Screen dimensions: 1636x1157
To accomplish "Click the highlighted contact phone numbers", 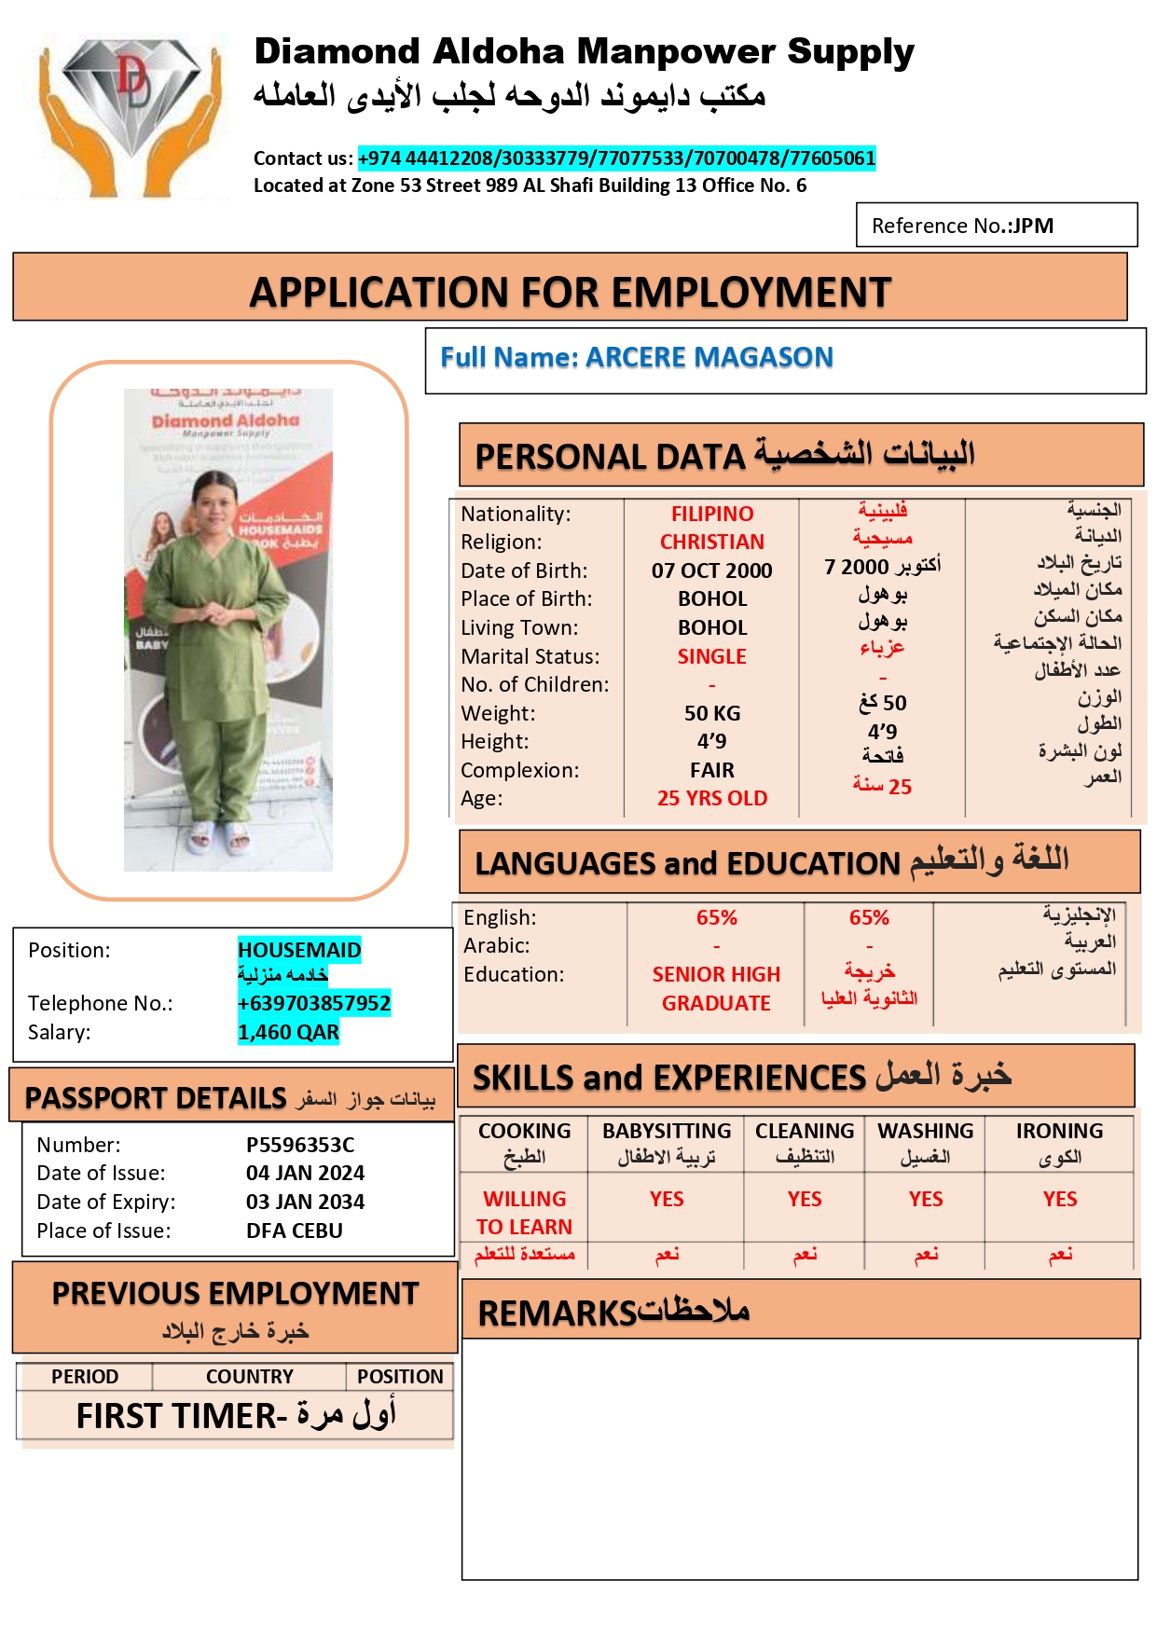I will (616, 158).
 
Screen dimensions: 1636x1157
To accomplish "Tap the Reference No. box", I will (996, 226).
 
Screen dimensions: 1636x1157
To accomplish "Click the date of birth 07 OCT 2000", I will (711, 571).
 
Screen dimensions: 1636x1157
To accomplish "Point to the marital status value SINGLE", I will (711, 656).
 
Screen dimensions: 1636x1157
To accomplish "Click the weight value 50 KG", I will (711, 713).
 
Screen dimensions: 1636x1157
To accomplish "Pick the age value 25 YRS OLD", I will (711, 798).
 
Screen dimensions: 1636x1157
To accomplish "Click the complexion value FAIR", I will (711, 770).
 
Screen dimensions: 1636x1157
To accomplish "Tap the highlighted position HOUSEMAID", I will (299, 950).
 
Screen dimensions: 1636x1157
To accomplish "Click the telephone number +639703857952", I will (313, 1003).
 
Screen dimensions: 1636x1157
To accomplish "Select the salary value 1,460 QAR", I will (288, 1032).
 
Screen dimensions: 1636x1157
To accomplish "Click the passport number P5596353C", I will (300, 1145).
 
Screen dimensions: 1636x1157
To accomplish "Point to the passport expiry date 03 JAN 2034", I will (305, 1202).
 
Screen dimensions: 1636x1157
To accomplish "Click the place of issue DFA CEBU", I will (294, 1230).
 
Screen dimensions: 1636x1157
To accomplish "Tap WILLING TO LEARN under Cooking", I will (524, 1213).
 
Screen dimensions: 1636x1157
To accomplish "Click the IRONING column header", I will (1059, 1131).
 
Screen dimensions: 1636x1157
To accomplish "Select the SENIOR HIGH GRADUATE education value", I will (716, 988).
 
